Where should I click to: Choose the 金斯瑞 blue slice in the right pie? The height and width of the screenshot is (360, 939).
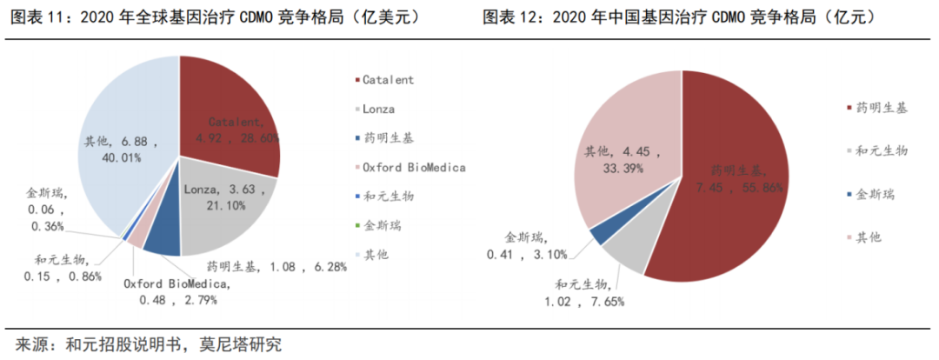coord(599,232)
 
